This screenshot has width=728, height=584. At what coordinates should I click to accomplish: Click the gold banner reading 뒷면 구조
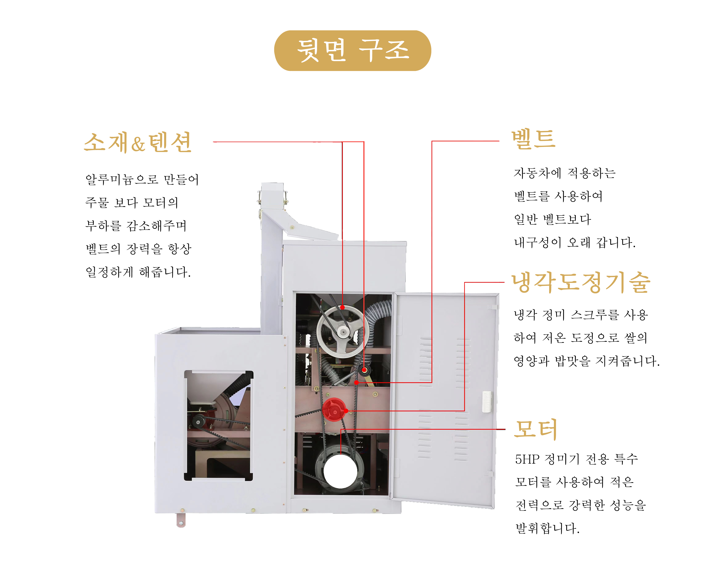(x=353, y=51)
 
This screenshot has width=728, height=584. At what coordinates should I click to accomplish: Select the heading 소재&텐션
(x=138, y=142)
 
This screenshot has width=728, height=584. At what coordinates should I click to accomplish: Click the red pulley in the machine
(x=334, y=410)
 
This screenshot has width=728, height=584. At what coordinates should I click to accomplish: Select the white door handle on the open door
(x=487, y=401)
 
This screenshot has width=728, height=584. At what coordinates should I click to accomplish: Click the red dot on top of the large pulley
(x=342, y=307)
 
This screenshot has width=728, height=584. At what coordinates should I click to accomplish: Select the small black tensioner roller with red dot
(x=364, y=370)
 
